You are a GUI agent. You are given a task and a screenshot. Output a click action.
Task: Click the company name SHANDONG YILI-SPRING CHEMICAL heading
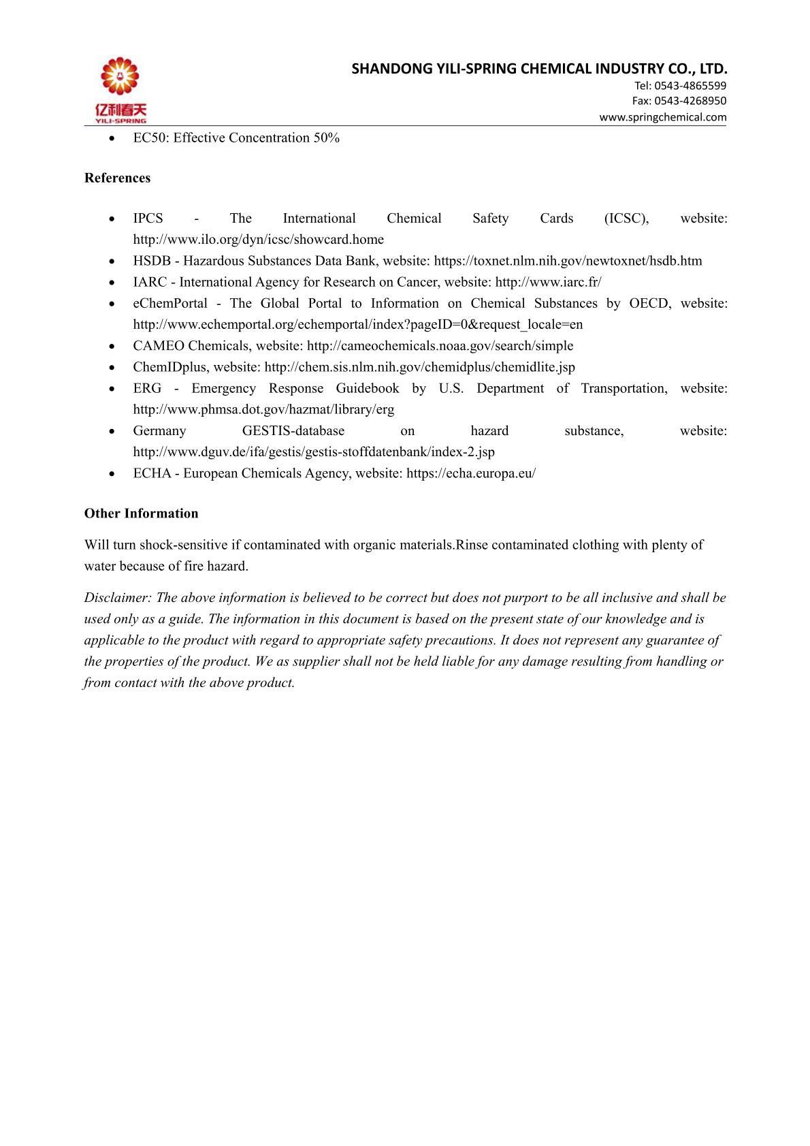click(540, 69)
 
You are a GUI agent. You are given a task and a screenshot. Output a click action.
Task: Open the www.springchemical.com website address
click(662, 117)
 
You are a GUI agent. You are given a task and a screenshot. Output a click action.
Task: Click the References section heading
click(117, 178)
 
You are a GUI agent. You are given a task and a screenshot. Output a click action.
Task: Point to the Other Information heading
click(141, 513)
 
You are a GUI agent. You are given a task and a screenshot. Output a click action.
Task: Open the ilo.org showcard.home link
click(258, 240)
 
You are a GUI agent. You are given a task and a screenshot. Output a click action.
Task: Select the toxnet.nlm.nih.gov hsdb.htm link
click(568, 261)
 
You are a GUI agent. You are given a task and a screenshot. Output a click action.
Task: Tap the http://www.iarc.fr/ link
click(548, 282)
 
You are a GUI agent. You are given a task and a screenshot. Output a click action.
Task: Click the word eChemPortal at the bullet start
click(170, 304)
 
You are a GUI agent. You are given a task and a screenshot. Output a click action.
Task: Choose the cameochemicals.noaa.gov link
click(440, 346)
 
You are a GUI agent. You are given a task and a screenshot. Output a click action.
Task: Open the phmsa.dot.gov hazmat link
click(263, 410)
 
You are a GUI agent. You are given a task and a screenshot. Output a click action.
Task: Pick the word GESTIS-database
click(293, 431)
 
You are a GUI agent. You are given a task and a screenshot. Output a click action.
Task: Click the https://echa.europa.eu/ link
click(470, 473)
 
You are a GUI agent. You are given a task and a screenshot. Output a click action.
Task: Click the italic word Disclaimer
click(116, 598)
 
